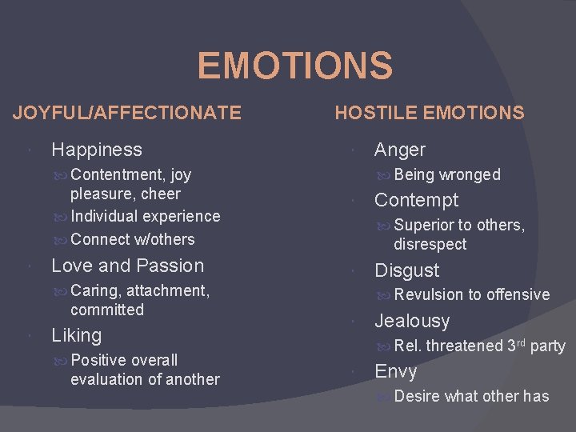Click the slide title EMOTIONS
pyautogui.click(x=294, y=66)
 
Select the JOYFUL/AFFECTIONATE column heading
pyautogui.click(x=126, y=113)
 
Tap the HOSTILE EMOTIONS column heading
pyautogui.click(x=430, y=113)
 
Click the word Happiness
pyautogui.click(x=97, y=150)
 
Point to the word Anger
pyautogui.click(x=400, y=150)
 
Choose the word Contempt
pyautogui.click(x=416, y=200)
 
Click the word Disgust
pyautogui.click(x=406, y=270)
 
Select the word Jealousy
pyautogui.click(x=412, y=321)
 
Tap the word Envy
pyautogui.click(x=395, y=371)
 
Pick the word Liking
pyautogui.click(x=77, y=335)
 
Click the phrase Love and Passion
pyautogui.click(x=128, y=266)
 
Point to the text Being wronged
pyautogui.click(x=447, y=174)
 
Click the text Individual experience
pyautogui.click(x=145, y=216)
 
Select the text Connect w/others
pyautogui.click(x=132, y=239)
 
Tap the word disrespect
pyautogui.click(x=430, y=244)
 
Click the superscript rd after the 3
pyautogui.click(x=521, y=342)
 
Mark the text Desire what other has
pyautogui.click(x=471, y=396)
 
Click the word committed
pyautogui.click(x=107, y=310)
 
